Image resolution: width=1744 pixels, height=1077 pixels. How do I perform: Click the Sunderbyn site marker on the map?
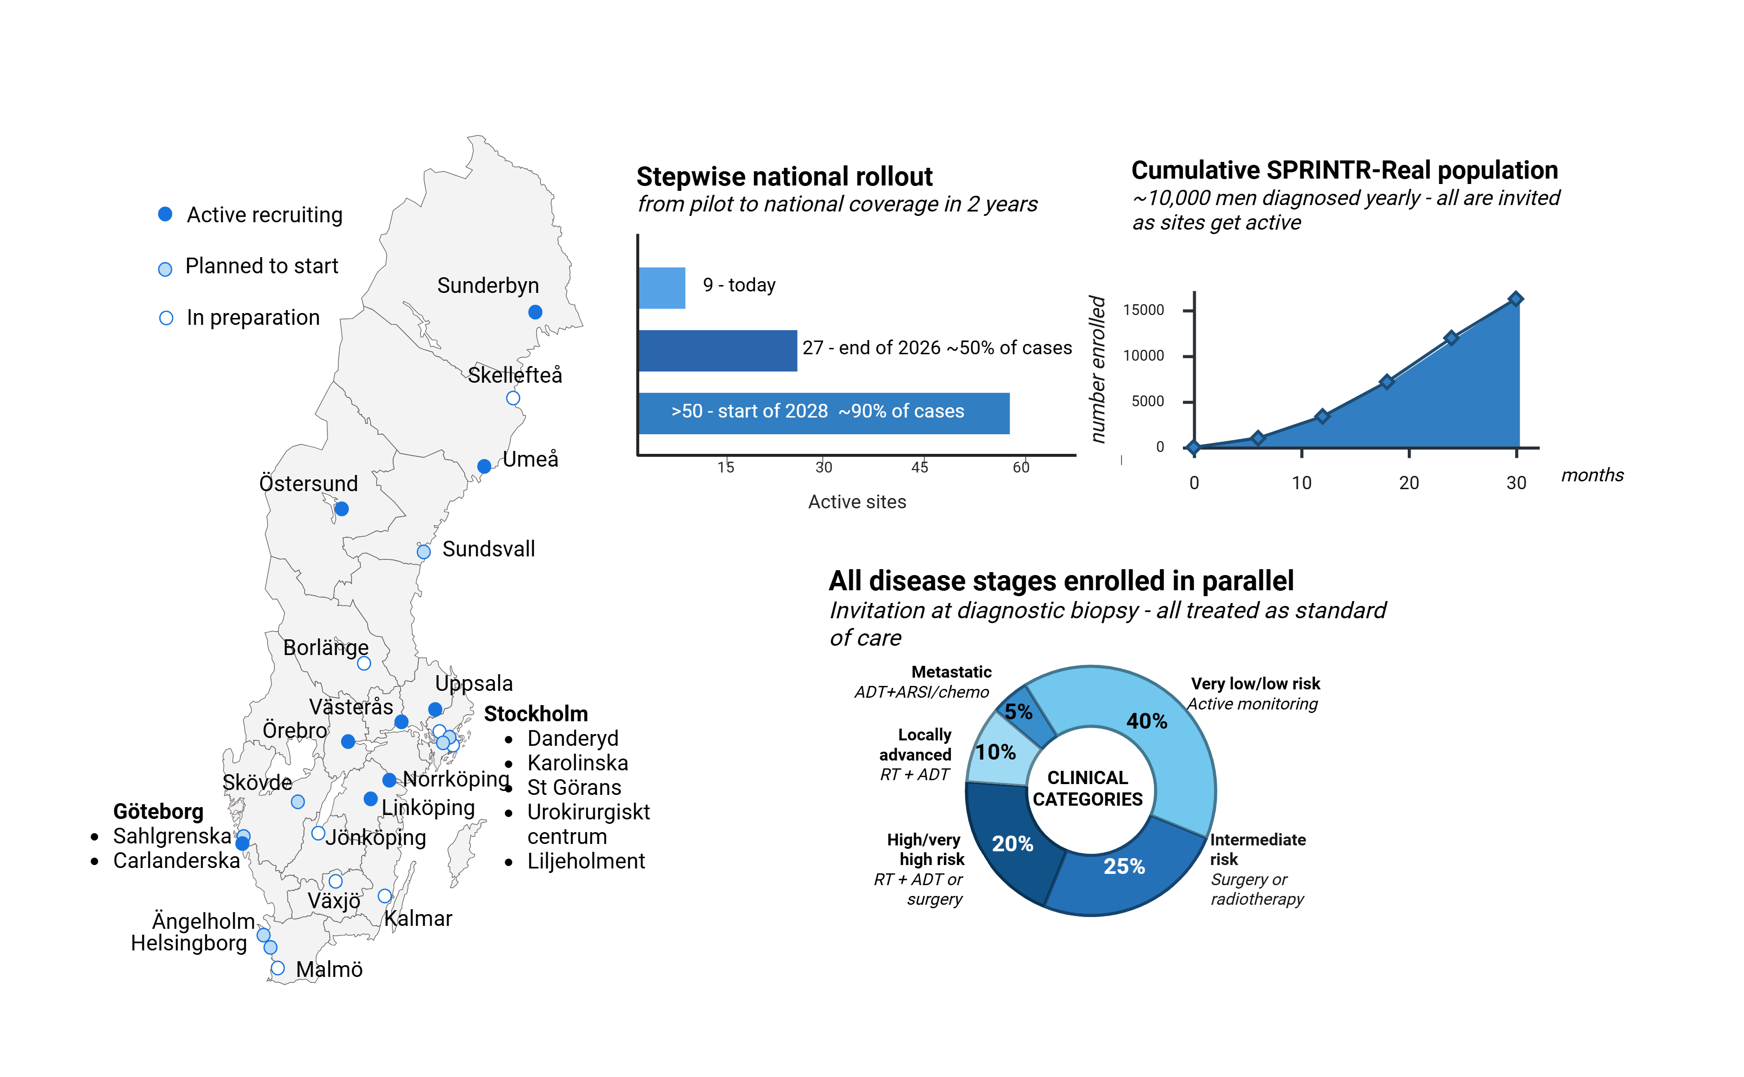(x=535, y=312)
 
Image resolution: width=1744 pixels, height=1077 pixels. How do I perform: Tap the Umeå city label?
(x=530, y=459)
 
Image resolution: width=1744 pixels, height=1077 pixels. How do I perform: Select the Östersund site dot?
(x=341, y=509)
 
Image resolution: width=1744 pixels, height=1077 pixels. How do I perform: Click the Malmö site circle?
(x=278, y=968)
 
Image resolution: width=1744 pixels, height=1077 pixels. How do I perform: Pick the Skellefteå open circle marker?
(x=513, y=398)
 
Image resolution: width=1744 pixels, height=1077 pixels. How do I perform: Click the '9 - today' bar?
(x=662, y=288)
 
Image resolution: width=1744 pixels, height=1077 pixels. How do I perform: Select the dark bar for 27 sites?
(x=718, y=350)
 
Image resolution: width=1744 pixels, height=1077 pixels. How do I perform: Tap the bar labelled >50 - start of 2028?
(x=824, y=413)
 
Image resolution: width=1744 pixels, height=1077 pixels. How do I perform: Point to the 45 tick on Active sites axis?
(x=920, y=467)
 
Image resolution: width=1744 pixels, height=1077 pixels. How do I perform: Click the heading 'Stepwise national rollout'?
(x=784, y=176)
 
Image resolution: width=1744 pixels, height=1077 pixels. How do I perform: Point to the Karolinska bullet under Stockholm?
(x=577, y=763)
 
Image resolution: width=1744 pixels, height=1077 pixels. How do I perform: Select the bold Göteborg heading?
(x=158, y=812)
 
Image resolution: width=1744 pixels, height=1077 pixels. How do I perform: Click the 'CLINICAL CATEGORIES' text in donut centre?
(x=1088, y=788)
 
